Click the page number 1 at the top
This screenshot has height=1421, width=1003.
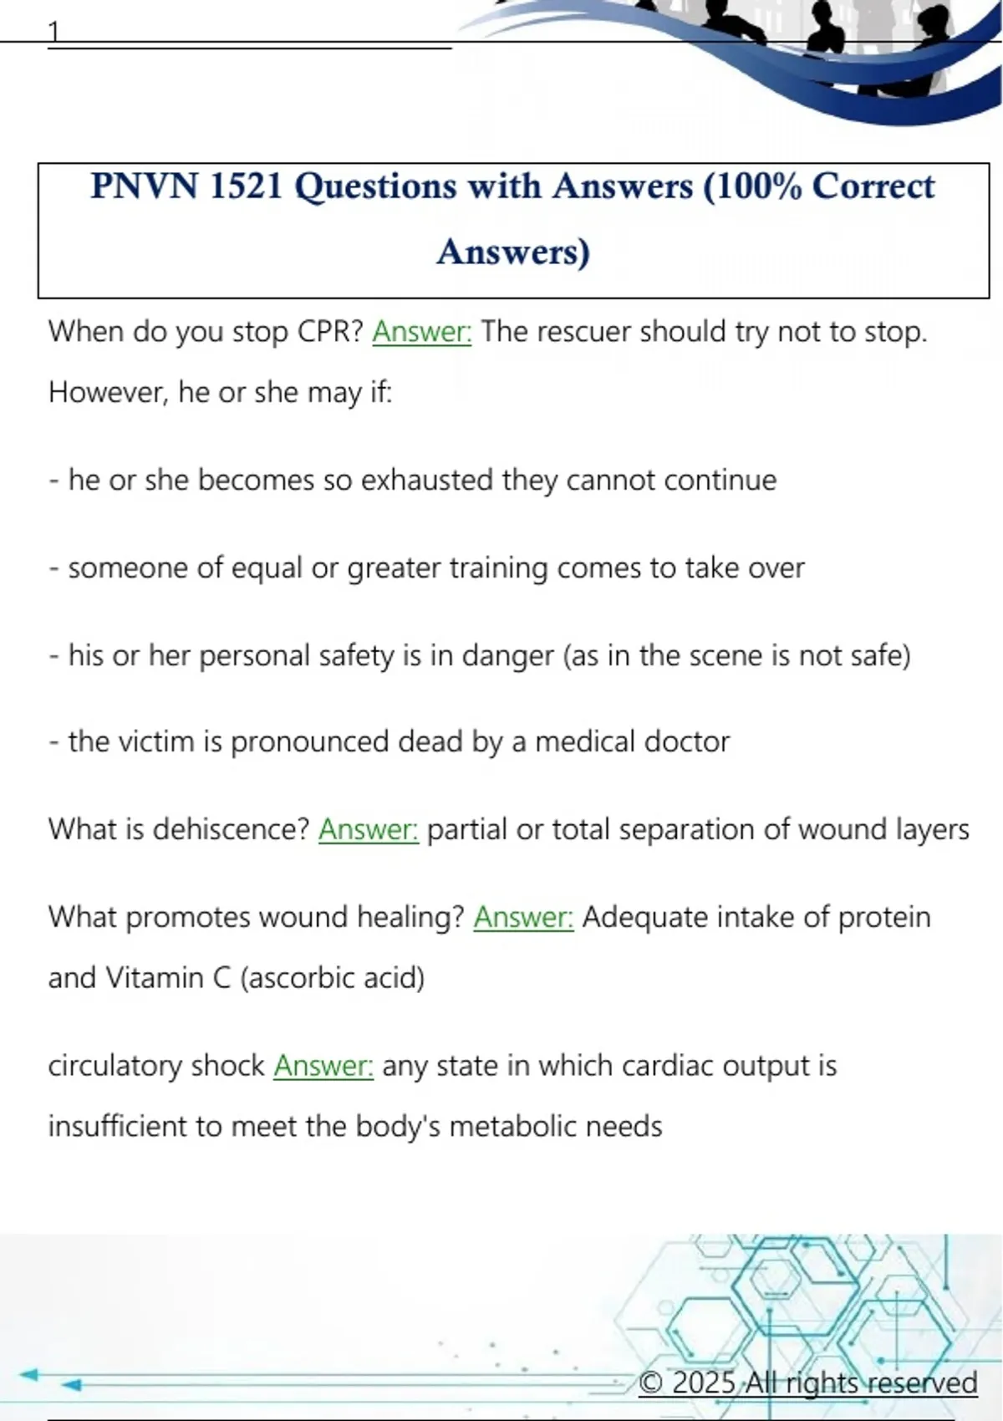[x=54, y=33]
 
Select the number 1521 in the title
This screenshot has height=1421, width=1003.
[x=247, y=186]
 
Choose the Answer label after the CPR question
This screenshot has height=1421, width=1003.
[x=422, y=332]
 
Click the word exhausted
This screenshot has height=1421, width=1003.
[x=426, y=480]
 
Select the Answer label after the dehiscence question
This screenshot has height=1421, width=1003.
[x=369, y=829]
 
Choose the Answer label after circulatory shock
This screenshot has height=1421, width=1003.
[x=323, y=1066]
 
